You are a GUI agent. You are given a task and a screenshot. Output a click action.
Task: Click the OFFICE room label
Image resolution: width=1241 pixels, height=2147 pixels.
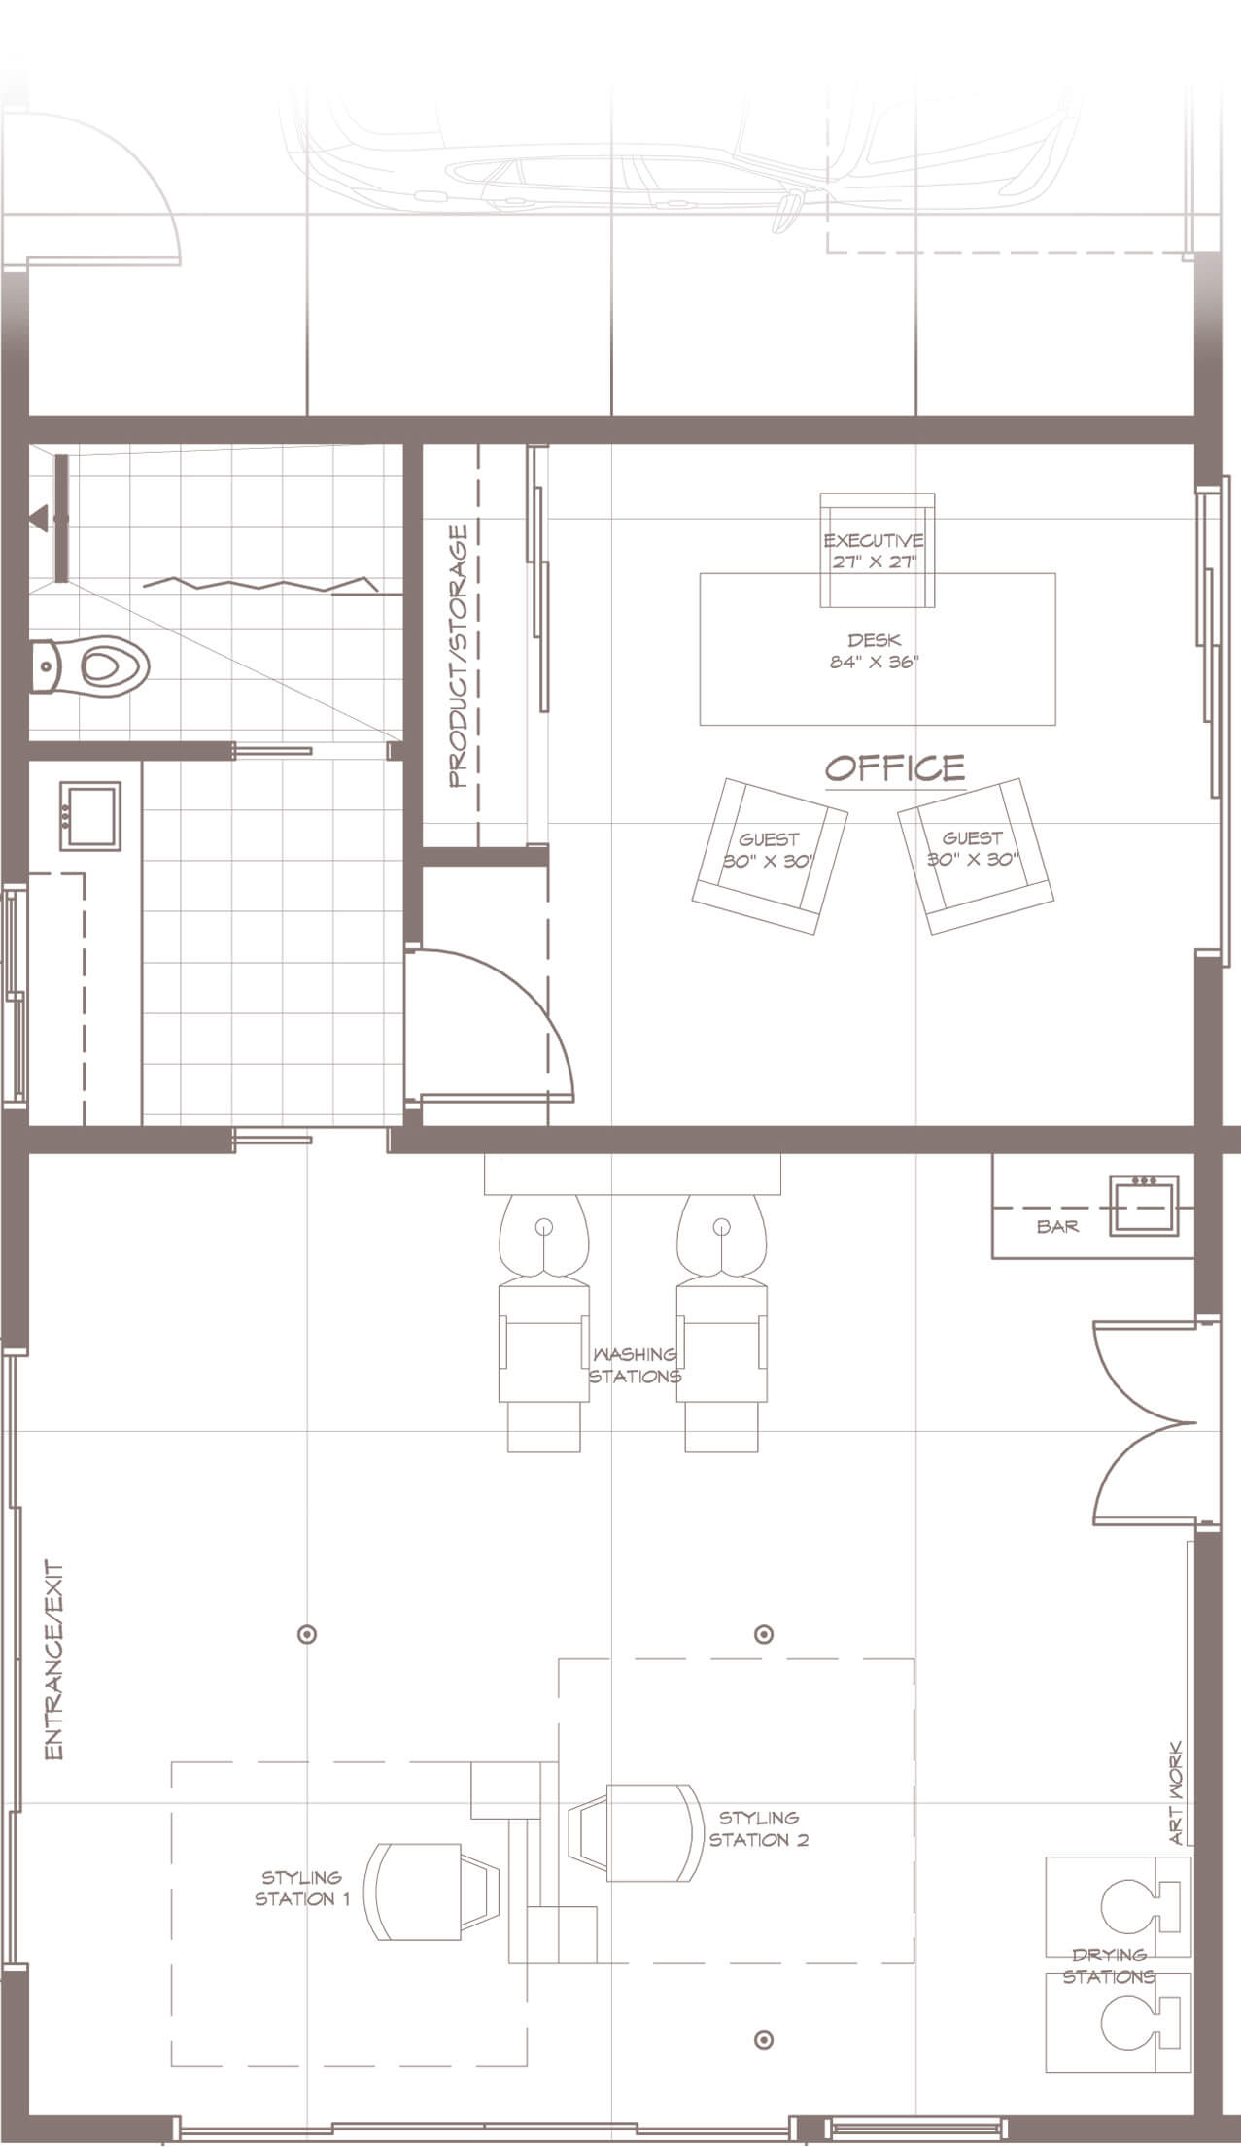point(895,768)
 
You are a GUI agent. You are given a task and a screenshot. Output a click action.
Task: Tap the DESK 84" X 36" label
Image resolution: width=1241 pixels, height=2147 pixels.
point(875,651)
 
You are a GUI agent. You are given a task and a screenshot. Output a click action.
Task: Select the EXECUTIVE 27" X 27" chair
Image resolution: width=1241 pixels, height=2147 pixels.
point(878,550)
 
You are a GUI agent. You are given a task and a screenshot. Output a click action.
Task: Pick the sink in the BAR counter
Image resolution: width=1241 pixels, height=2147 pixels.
point(1144,1205)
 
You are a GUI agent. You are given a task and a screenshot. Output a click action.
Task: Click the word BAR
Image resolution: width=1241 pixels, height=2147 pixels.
point(1057,1226)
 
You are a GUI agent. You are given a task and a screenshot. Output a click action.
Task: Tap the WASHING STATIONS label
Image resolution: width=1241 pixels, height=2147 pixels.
point(635,1365)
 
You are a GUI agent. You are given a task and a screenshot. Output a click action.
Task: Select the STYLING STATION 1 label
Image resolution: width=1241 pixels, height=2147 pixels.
point(301,1888)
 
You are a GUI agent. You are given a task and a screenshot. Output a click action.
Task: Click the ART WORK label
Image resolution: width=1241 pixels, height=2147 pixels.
point(1176,1792)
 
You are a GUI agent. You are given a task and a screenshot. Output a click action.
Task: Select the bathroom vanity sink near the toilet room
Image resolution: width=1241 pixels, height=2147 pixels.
point(89,819)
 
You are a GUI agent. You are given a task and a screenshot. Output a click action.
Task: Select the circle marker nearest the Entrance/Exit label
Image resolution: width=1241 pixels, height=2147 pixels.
point(307,1634)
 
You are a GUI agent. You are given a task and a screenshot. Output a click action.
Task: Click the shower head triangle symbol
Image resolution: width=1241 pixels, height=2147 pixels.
point(41,517)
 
